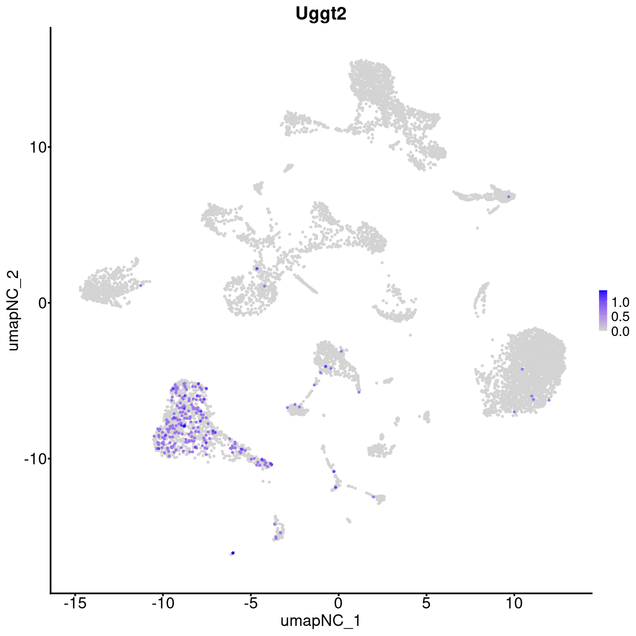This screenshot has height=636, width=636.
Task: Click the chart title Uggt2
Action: pos(321,14)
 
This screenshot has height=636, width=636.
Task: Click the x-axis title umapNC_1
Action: pos(321,621)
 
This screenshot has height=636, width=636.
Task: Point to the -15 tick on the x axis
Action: pos(75,603)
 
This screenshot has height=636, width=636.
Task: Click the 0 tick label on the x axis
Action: pos(338,603)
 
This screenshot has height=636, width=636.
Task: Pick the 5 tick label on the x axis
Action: pos(426,603)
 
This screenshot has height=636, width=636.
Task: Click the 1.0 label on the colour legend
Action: pos(620,303)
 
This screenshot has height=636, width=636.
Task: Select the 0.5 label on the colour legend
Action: pos(620,317)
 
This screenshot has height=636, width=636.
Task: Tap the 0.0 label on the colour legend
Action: pos(620,331)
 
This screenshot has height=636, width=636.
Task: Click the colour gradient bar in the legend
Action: pos(603,311)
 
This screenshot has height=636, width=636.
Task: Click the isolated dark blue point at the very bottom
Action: pos(233,553)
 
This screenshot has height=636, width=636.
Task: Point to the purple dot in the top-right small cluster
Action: pos(509,197)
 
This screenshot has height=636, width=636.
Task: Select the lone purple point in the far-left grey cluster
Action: pos(141,285)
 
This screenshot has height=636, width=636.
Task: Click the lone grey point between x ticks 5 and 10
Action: pos(478,228)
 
